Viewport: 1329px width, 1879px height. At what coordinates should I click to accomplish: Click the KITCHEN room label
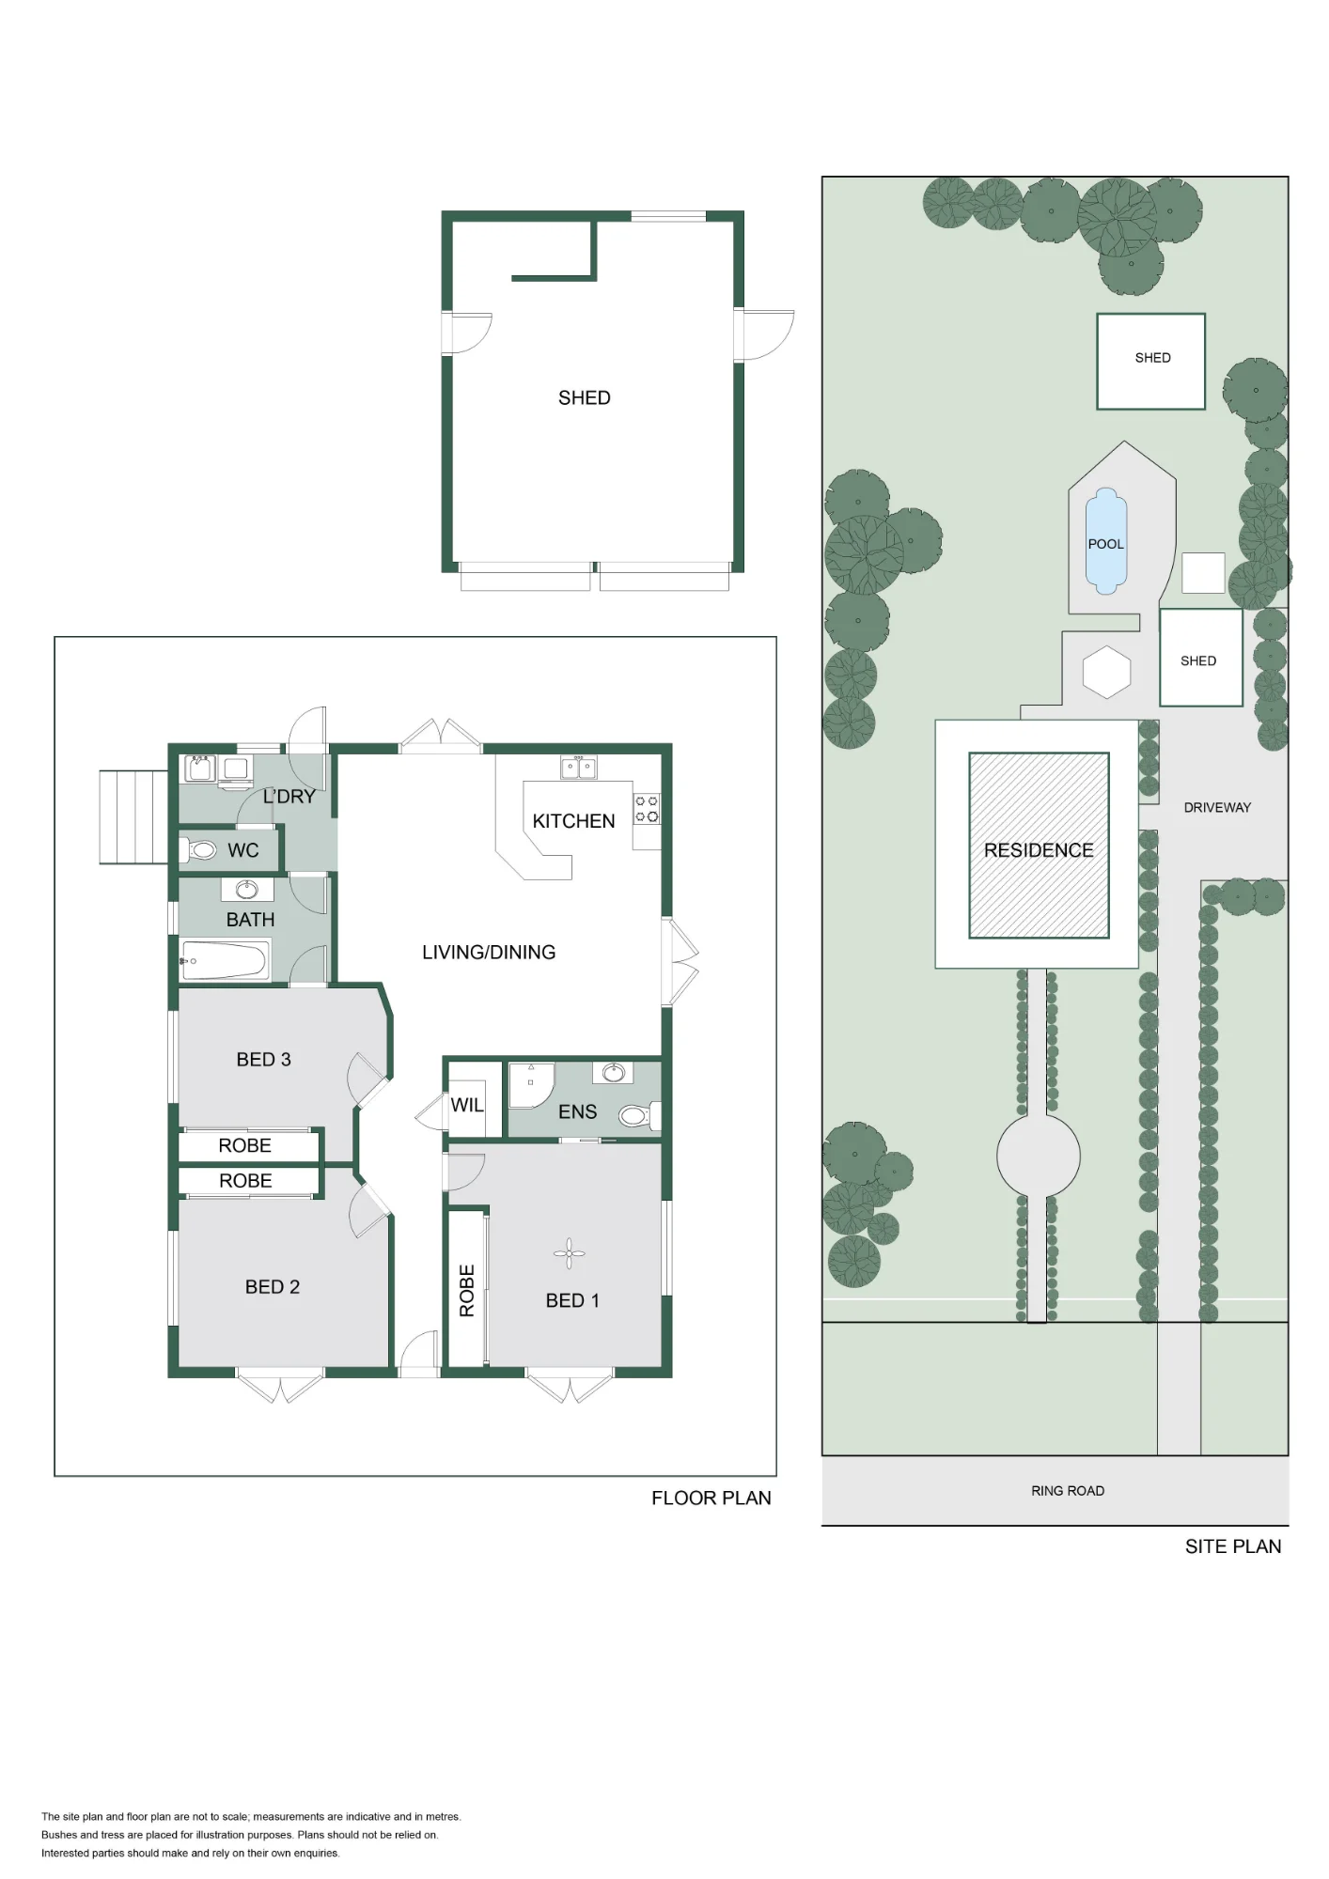[573, 821]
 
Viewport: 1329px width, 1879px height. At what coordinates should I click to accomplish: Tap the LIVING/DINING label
[489, 953]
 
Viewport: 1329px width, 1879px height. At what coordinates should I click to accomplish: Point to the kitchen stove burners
[647, 809]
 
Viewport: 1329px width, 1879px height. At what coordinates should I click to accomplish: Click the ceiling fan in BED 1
[569, 1253]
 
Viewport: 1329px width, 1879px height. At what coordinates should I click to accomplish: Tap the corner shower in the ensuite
[531, 1085]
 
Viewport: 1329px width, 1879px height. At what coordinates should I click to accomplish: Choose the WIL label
[467, 1105]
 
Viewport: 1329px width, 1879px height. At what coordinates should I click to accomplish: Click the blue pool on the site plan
[1106, 541]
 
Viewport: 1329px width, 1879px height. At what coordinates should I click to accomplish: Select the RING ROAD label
[1068, 1491]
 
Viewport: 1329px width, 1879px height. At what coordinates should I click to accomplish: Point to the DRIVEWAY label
[1217, 807]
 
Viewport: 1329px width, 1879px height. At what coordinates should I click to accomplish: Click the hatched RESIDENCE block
[1039, 846]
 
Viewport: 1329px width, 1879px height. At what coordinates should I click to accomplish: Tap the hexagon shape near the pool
[1106, 672]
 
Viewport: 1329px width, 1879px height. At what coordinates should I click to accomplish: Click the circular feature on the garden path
[1038, 1156]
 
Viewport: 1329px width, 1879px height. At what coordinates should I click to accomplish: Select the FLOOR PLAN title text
[711, 1499]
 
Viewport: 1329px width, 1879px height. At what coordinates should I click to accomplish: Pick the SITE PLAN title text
[1233, 1546]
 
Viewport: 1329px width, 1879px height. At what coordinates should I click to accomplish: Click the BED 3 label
[264, 1060]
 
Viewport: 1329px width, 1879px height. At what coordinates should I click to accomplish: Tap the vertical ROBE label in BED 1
[467, 1290]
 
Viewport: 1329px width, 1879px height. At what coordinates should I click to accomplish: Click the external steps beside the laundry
[134, 817]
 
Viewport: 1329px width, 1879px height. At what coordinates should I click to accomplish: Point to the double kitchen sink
[578, 768]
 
